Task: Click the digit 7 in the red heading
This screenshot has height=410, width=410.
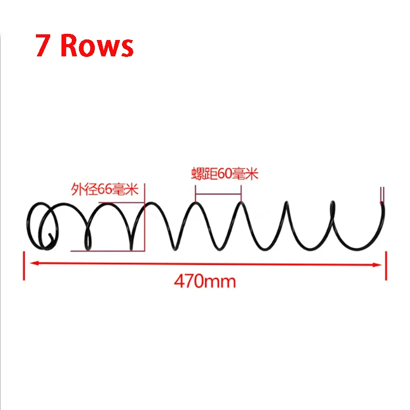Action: [43, 45]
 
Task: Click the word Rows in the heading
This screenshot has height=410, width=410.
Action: [97, 46]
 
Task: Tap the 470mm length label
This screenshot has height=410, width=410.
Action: [204, 281]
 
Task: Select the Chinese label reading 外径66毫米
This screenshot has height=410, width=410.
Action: [105, 189]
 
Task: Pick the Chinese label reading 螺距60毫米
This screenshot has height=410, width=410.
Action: [225, 174]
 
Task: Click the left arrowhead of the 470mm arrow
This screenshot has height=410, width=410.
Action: [34, 263]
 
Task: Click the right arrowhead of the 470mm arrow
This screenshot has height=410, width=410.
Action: [377, 265]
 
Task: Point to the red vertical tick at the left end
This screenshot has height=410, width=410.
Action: [24, 265]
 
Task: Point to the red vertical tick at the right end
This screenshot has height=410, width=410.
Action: [386, 265]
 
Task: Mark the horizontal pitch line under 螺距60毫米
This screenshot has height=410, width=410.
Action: [218, 194]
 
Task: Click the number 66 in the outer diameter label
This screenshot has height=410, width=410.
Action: [105, 189]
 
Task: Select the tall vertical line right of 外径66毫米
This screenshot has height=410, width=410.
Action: [145, 217]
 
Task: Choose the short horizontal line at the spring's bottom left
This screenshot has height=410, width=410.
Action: [107, 251]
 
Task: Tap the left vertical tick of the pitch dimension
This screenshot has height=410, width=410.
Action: [195, 194]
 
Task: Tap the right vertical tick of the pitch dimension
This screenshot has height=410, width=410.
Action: [241, 194]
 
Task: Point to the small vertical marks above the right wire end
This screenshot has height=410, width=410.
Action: [382, 194]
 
